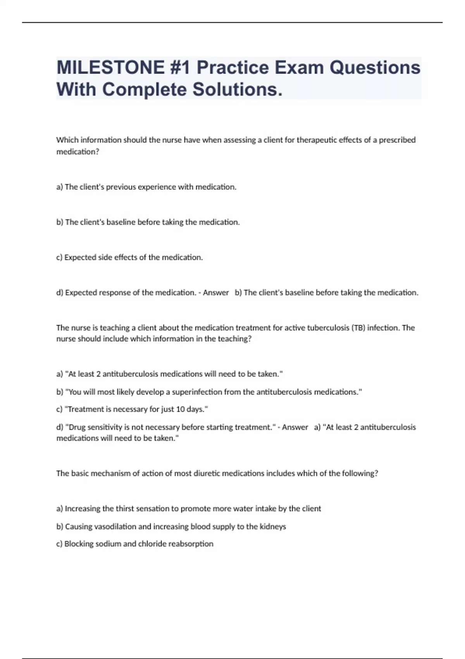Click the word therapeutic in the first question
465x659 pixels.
(x=317, y=140)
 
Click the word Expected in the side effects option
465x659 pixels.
(x=80, y=257)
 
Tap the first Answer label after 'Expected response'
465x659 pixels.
(x=216, y=293)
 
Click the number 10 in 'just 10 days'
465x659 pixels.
(x=181, y=409)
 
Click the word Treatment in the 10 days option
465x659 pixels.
(x=86, y=409)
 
